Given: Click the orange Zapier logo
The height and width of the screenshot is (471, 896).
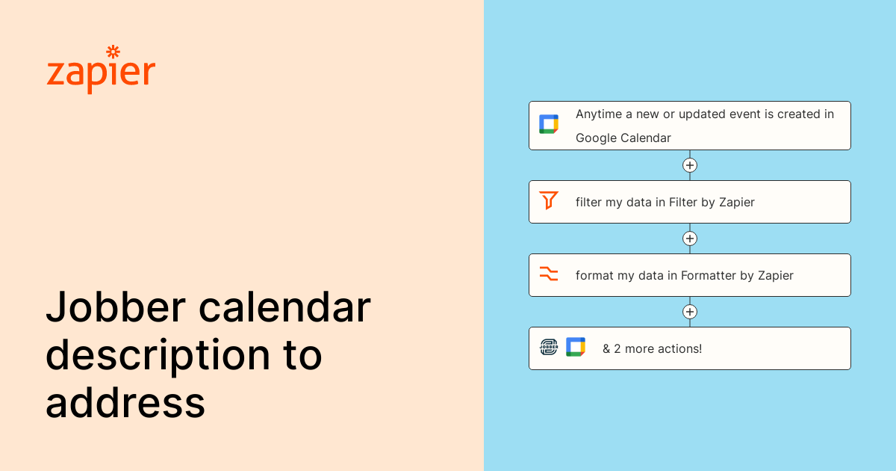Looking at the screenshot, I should (x=101, y=72).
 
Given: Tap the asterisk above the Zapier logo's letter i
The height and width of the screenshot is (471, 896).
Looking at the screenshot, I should (x=113, y=52).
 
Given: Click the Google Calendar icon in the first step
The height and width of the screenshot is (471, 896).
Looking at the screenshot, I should (x=549, y=124).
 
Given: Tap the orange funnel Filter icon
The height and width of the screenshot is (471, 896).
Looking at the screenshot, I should (x=549, y=200).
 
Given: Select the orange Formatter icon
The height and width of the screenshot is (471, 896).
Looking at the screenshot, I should (x=549, y=274).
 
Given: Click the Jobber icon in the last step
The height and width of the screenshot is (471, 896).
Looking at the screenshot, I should (x=549, y=347).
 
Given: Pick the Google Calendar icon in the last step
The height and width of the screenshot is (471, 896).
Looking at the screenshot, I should (x=575, y=347).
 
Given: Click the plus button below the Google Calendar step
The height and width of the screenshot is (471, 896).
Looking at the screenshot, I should (x=690, y=165).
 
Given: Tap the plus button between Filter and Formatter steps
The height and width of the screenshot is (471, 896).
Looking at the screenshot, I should (x=690, y=238).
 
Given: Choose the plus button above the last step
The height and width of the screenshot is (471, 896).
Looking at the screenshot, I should (x=690, y=312).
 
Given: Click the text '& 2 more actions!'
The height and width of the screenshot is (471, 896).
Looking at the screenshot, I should (x=652, y=348).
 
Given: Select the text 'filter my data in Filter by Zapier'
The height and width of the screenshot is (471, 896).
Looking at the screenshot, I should (x=665, y=202).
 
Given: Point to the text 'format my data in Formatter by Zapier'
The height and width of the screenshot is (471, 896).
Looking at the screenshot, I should (x=684, y=275).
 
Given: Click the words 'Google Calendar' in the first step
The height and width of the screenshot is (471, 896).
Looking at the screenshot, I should (x=623, y=138).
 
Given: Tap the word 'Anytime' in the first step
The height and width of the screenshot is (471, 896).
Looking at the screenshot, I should (x=599, y=114).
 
